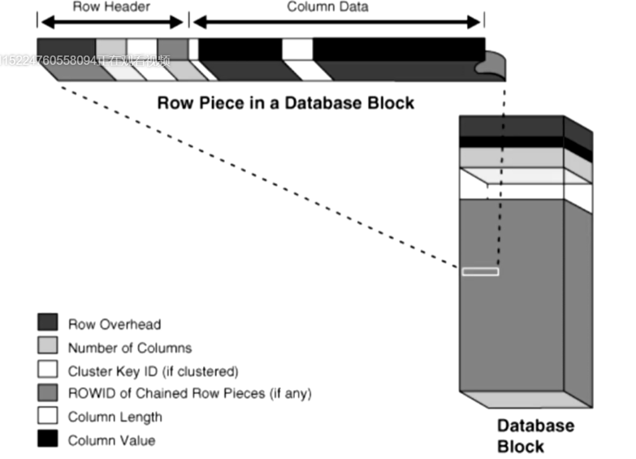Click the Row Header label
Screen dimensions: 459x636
[x=112, y=7]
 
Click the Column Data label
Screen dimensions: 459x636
[x=327, y=7]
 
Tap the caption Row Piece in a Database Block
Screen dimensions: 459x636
[x=285, y=103]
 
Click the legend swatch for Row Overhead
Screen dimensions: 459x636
[x=47, y=323]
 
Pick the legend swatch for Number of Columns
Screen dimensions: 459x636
[x=47, y=347]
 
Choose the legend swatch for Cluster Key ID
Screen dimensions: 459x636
[x=47, y=370]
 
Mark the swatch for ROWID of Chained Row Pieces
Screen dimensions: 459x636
[x=47, y=393]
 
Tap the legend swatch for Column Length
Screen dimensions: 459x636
[x=47, y=417]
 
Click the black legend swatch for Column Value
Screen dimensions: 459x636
[x=47, y=440]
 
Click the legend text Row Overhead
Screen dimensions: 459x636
[x=115, y=324]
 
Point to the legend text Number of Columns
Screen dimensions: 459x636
[x=130, y=348]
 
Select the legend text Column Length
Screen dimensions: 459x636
[x=115, y=418]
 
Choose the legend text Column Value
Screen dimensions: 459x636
[x=111, y=441]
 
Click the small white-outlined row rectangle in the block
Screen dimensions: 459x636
[x=480, y=271]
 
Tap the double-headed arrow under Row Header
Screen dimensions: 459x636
[x=112, y=22]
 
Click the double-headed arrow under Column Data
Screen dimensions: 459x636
[x=338, y=22]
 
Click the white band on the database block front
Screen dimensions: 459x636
[x=512, y=183]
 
